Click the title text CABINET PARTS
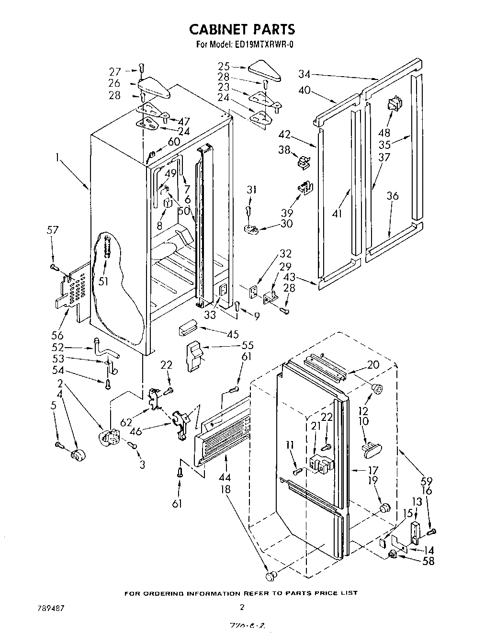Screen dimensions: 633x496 [242, 29]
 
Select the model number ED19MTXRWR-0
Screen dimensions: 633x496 [264, 45]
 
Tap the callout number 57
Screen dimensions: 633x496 [53, 230]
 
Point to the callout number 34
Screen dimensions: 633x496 [304, 74]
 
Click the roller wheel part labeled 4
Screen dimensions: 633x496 [76, 455]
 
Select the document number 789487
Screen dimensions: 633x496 [51, 608]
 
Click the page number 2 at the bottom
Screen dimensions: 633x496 [242, 607]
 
